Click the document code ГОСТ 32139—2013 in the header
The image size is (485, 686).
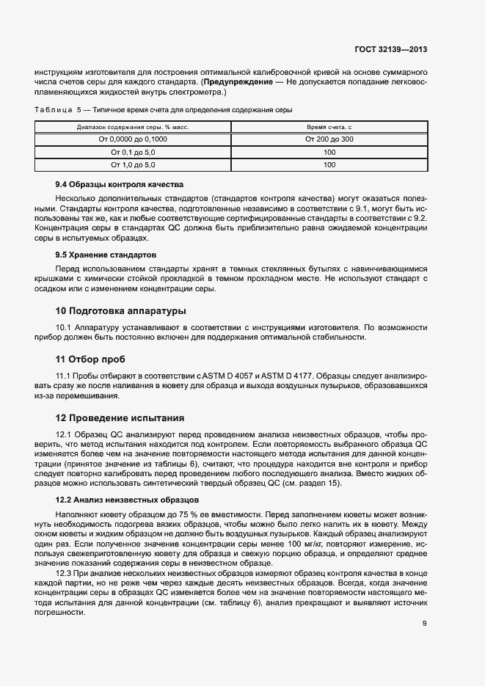tap(390, 49)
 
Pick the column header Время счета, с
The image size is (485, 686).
tap(329, 127)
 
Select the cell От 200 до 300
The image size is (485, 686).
tap(329, 139)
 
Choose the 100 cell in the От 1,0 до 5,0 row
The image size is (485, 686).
tap(329, 165)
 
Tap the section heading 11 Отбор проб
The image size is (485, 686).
tap(90, 360)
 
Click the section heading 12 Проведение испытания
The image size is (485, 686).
tap(120, 418)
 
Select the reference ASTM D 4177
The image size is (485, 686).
tap(286, 376)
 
